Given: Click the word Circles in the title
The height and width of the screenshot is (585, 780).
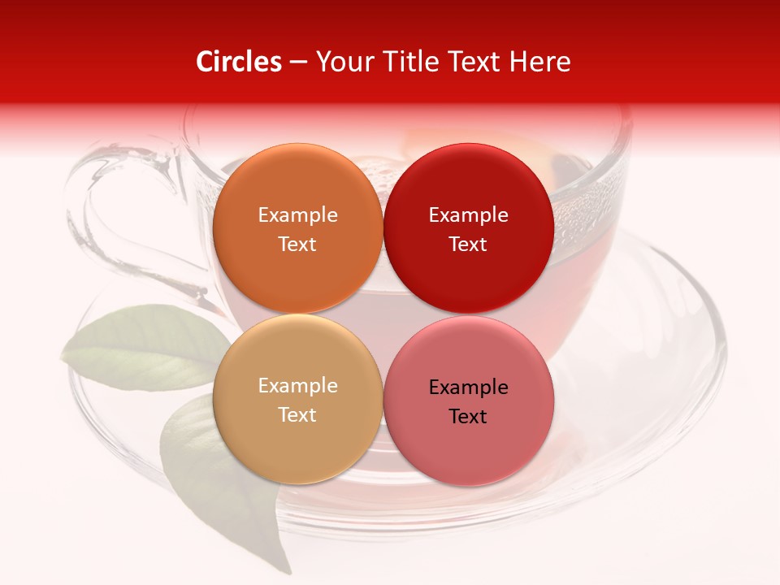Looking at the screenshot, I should click(239, 62).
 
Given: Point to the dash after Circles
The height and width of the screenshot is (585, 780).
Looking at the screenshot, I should click(299, 63).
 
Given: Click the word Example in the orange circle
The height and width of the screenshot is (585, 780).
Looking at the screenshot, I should click(297, 214).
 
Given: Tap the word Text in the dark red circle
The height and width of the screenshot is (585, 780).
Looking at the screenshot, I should click(468, 244).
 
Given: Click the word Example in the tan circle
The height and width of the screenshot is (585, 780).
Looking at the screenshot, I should click(297, 385).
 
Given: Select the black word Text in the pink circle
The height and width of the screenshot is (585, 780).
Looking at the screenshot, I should click(468, 416).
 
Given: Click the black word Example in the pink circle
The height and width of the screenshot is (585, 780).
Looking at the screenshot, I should click(468, 387).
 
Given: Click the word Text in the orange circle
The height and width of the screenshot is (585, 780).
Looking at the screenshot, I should click(297, 244).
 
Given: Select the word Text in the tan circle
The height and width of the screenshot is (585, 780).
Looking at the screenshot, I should click(297, 414).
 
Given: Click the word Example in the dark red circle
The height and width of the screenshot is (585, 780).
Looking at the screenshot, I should click(468, 214).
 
